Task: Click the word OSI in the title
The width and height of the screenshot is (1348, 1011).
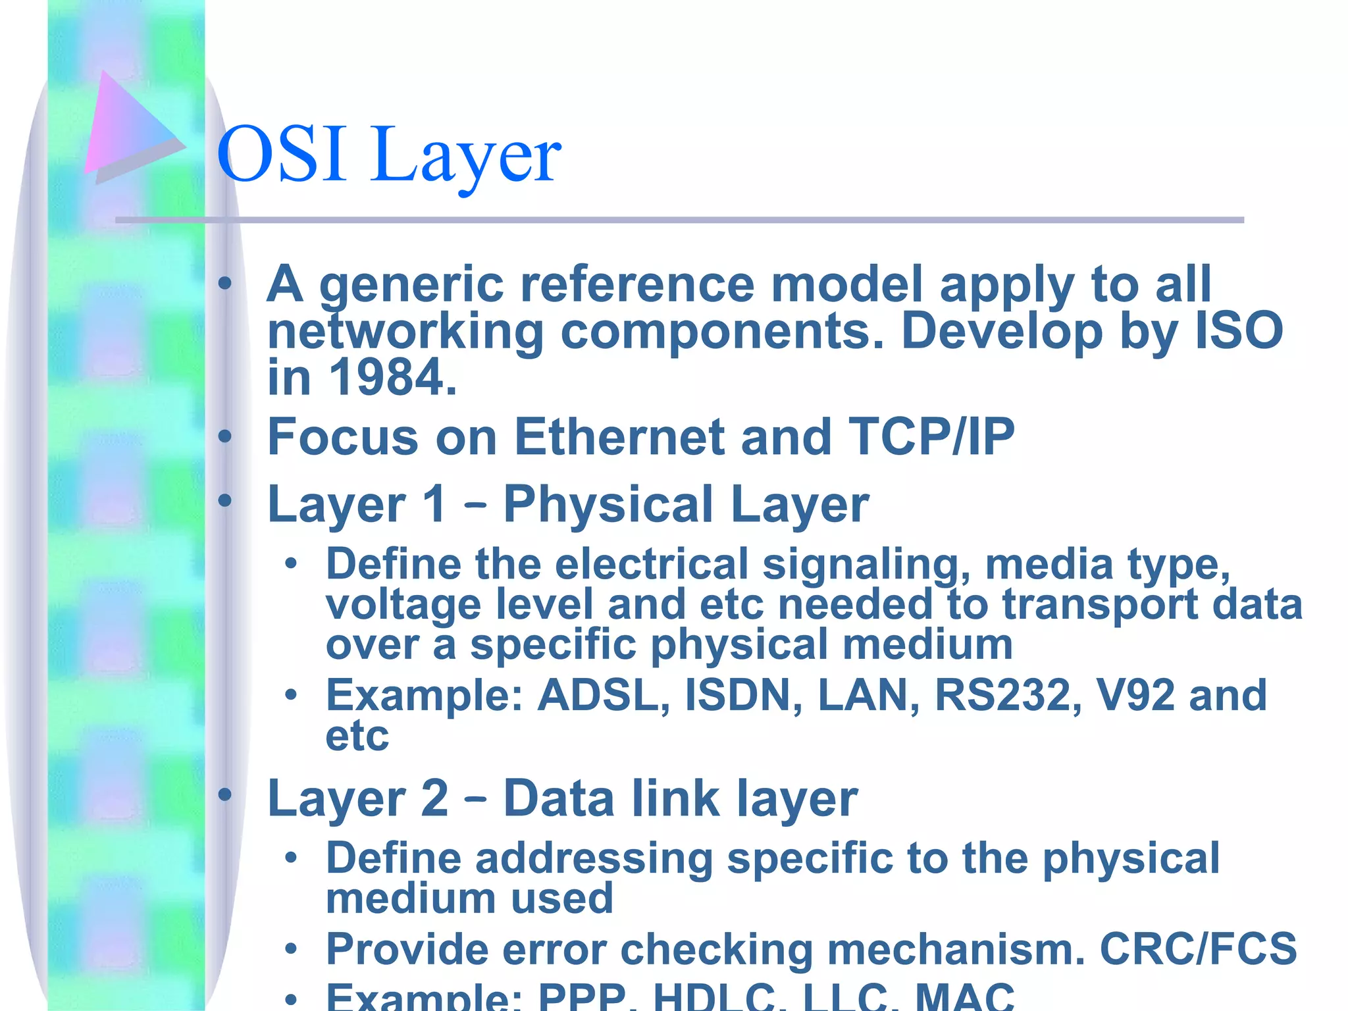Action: pyautogui.click(x=281, y=155)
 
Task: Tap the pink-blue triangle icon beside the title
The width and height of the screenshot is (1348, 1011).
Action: pyautogui.click(x=128, y=125)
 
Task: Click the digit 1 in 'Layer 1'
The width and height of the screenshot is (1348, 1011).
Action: pyautogui.click(x=434, y=504)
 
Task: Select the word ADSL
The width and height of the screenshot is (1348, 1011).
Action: pyautogui.click(x=604, y=695)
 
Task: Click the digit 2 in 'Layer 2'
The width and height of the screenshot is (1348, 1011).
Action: pyautogui.click(x=434, y=798)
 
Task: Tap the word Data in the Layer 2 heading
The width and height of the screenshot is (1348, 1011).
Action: pyautogui.click(x=559, y=798)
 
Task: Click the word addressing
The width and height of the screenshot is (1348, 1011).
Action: pyautogui.click(x=594, y=859)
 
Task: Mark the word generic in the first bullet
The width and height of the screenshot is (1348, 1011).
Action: pyautogui.click(x=411, y=286)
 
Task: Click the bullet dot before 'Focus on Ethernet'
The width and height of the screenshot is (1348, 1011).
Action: pyautogui.click(x=225, y=436)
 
